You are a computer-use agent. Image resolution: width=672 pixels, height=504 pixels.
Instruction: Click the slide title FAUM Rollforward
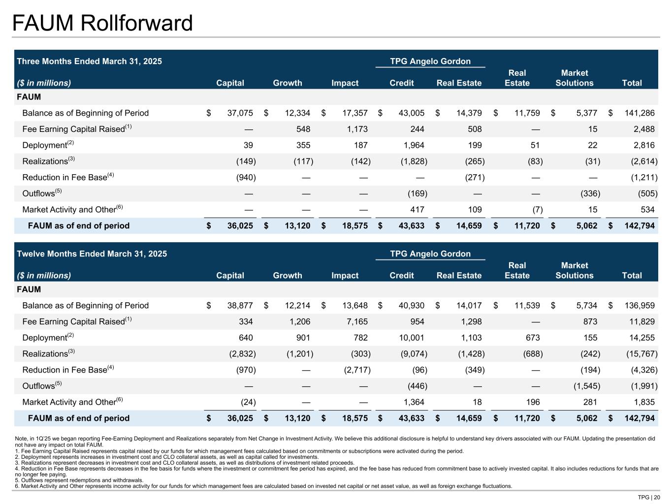pos(102,23)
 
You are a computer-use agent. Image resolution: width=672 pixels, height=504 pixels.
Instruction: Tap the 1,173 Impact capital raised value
pos(355,129)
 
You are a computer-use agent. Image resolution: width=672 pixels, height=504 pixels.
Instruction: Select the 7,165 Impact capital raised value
pos(355,322)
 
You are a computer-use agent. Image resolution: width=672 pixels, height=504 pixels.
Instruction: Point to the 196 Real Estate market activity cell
pos(533,402)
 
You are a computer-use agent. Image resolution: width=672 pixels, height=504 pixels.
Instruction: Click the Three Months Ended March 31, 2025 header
pos(90,62)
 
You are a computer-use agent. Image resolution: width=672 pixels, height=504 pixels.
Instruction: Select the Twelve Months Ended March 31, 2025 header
pos(92,254)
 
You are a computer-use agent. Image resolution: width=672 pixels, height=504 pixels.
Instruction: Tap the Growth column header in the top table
pos(288,83)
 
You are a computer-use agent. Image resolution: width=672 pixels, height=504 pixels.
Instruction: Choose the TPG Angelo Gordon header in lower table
pos(430,254)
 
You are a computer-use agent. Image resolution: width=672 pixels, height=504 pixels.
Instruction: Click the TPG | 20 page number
pos(649,497)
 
